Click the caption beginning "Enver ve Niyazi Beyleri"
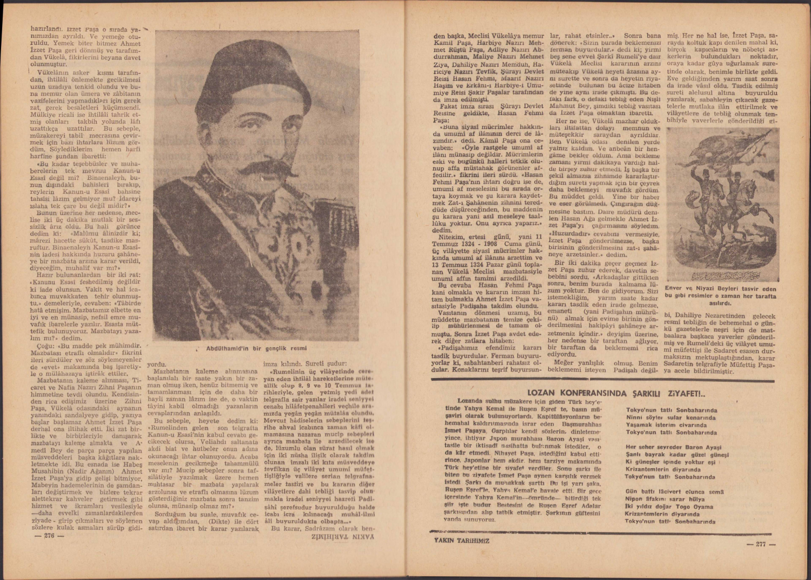pyautogui.click(x=721, y=292)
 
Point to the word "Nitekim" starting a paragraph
pyautogui.click(x=452, y=238)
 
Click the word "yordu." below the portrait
pyautogui.click(x=158, y=365)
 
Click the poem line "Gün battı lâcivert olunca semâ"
pyautogui.click(x=674, y=492)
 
